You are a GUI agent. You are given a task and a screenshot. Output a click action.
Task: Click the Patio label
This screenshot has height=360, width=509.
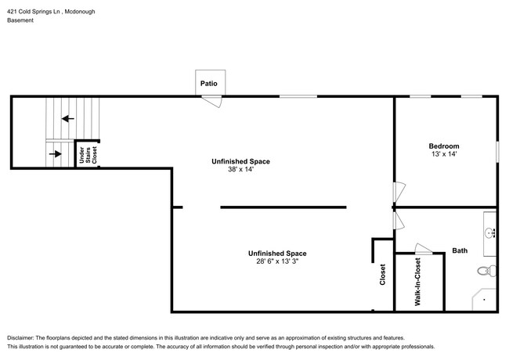[x=209, y=84]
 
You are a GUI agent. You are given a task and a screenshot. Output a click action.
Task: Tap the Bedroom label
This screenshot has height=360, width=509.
[x=444, y=146]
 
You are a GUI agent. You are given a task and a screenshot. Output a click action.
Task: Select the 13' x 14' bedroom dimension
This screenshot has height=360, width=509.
[x=444, y=154]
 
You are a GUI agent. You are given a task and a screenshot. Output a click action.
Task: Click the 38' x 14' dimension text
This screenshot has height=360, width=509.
[x=240, y=169]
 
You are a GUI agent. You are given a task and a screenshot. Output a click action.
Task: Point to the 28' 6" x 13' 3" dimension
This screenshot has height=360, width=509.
[x=277, y=261]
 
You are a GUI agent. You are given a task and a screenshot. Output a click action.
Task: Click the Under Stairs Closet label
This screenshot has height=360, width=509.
[x=88, y=155]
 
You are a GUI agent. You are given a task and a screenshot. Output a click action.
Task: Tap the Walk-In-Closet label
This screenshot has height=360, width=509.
[x=417, y=282]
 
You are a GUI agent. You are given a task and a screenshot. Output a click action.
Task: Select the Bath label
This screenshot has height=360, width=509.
[x=460, y=250]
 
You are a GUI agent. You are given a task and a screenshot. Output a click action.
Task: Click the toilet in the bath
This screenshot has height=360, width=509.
[x=486, y=271]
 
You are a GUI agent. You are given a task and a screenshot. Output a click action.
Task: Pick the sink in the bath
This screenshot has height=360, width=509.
[x=489, y=232]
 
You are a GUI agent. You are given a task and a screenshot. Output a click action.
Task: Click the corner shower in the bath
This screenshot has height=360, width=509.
[x=484, y=300]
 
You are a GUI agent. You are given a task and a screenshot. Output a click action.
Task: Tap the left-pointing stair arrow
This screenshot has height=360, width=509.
[x=68, y=119]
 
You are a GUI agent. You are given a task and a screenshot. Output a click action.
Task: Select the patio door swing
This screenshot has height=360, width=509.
[x=211, y=102]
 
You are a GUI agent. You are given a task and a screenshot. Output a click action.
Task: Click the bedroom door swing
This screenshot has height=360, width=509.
[x=399, y=193]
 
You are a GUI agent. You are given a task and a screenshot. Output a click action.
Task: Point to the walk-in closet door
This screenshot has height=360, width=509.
[x=424, y=249]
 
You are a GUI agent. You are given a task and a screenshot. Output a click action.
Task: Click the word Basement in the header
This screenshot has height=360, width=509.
[x=20, y=20]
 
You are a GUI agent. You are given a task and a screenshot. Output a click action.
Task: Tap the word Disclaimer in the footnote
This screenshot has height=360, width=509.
[x=20, y=337]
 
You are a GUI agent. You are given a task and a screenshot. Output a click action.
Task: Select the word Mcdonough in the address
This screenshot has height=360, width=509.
[x=80, y=12]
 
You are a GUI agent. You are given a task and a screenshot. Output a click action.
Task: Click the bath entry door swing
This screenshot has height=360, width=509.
[x=399, y=221]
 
